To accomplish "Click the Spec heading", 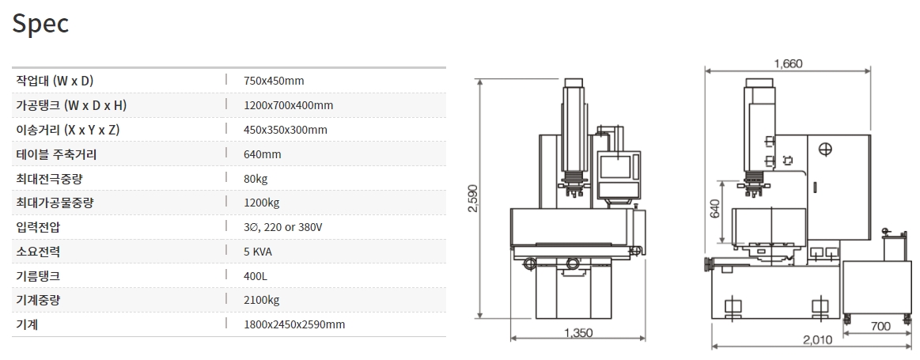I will (x=41, y=24).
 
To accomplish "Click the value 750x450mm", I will (x=274, y=81).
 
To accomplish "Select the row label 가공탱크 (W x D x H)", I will (x=71, y=105).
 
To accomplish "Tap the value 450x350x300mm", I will (x=286, y=130).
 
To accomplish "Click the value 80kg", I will (x=256, y=179).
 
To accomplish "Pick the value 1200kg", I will (x=260, y=203).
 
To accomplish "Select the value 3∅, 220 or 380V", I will (x=283, y=227).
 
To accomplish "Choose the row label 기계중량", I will (x=38, y=300).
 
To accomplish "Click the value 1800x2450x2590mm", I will (x=294, y=324).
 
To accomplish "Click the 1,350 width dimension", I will (x=577, y=333).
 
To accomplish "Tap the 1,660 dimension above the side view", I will (x=787, y=64).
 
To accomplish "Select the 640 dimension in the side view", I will (x=716, y=209).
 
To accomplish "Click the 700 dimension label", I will (x=880, y=326).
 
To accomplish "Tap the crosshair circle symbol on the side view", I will (x=826, y=150).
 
